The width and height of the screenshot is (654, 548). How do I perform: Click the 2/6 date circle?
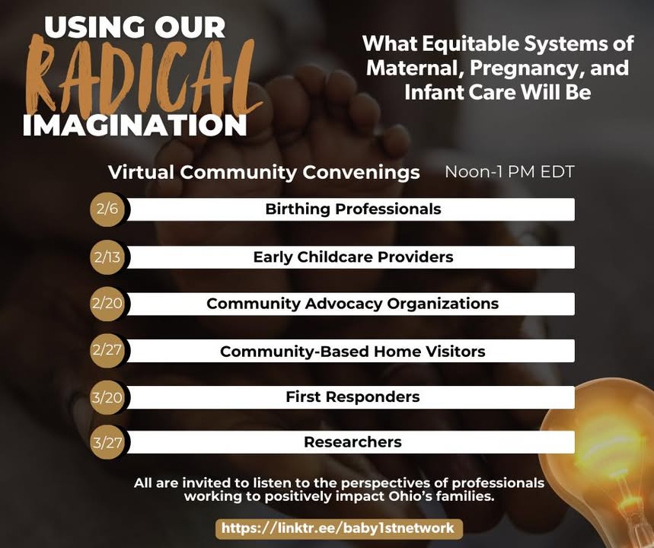[x=107, y=209]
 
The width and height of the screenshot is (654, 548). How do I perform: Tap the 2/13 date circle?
[x=107, y=257]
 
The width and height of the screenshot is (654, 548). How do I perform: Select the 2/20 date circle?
[x=107, y=304]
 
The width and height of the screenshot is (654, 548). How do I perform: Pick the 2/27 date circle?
[x=107, y=350]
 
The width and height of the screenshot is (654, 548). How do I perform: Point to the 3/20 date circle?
[x=107, y=397]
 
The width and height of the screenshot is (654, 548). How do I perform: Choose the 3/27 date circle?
[x=107, y=442]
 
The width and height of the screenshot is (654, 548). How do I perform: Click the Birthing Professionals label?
[x=353, y=209]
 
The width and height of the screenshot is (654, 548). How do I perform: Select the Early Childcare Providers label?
[x=353, y=257]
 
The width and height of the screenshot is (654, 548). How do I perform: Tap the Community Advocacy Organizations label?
[x=353, y=304]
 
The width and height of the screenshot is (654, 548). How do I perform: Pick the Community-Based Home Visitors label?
[x=353, y=351]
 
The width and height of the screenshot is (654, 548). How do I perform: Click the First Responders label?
[x=353, y=397]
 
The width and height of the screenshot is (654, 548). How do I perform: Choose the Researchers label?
[x=353, y=441]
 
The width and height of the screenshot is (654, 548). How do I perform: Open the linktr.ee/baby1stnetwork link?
[x=339, y=528]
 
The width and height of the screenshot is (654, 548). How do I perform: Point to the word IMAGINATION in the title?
[x=135, y=125]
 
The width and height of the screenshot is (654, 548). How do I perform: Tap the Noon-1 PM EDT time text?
[x=509, y=172]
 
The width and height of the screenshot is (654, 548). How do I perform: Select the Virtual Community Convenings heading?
[x=263, y=173]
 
